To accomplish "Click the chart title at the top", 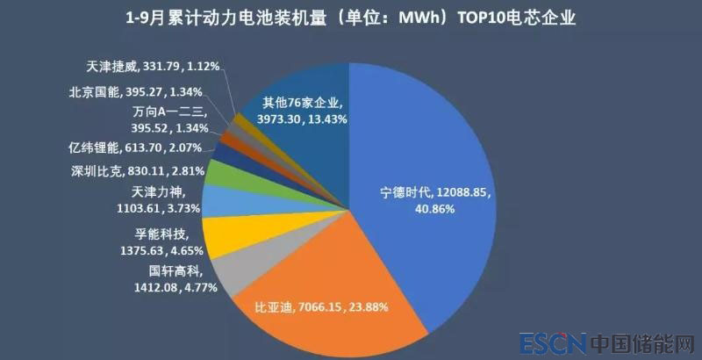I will [351, 18].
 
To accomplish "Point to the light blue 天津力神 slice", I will [221, 201].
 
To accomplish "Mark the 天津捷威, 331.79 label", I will [154, 65].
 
